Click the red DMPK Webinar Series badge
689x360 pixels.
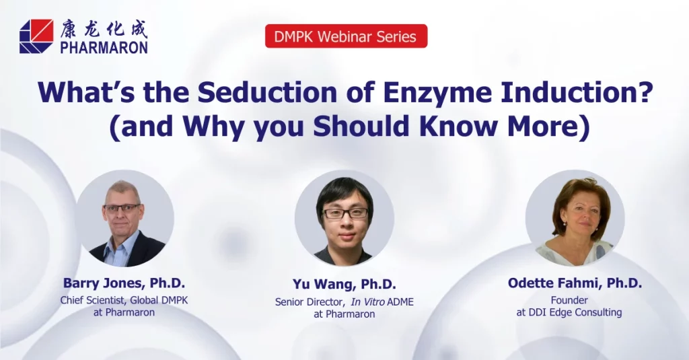347,36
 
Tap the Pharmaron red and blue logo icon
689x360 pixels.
36,36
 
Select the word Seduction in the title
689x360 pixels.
267,92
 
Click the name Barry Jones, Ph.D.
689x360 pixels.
124,283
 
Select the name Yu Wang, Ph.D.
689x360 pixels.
344,285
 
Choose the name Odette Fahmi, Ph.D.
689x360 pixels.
575,283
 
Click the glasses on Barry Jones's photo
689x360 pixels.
122,209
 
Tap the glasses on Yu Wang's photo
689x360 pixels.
345,213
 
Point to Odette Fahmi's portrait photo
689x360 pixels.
575,219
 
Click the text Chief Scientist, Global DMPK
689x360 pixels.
124,301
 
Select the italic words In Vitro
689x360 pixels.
368,302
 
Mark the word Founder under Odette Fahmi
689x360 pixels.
569,301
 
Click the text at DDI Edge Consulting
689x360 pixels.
569,312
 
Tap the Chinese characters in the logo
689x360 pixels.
104,29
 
